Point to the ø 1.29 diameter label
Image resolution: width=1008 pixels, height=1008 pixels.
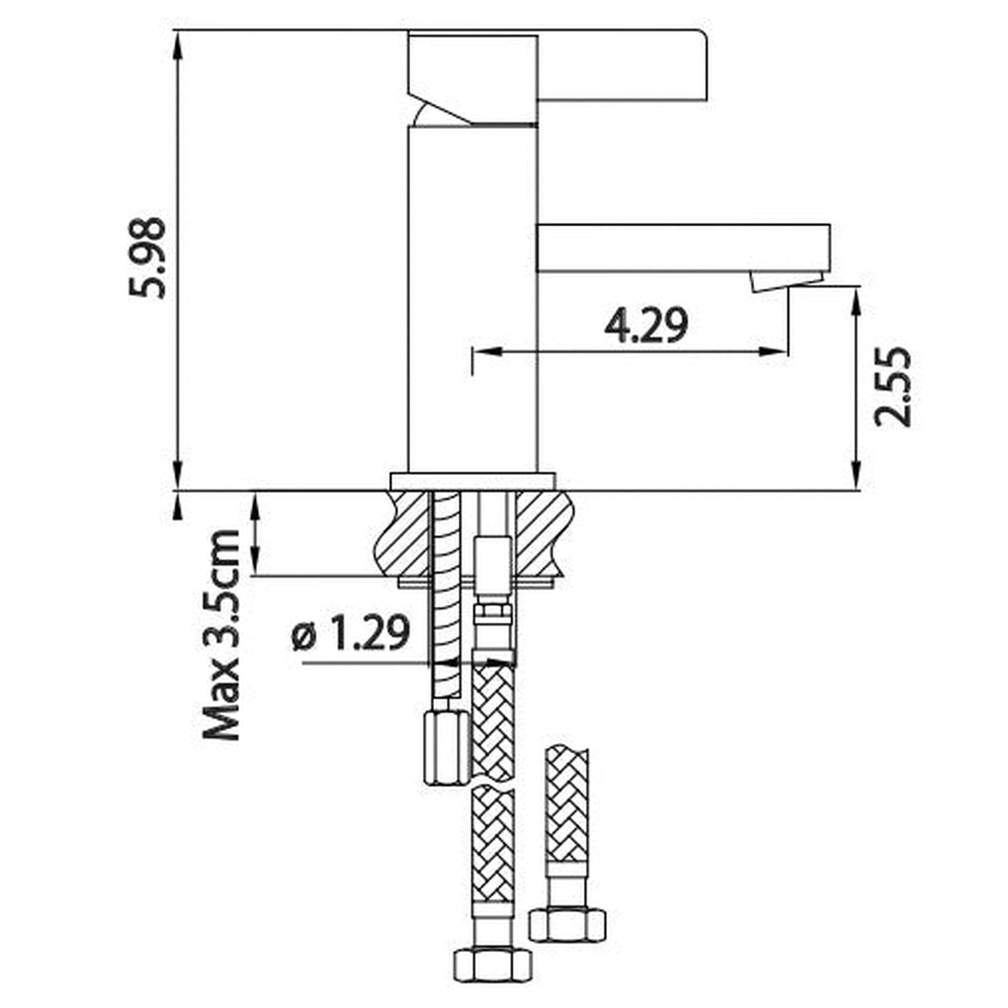pyautogui.click(x=350, y=633)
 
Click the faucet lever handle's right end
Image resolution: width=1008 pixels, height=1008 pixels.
pyautogui.click(x=706, y=65)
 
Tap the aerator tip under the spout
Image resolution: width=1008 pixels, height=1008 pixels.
pyautogui.click(x=785, y=281)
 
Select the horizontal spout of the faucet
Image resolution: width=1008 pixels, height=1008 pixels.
pyautogui.click(x=684, y=248)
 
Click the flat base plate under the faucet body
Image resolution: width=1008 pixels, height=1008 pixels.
pyautogui.click(x=473, y=481)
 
